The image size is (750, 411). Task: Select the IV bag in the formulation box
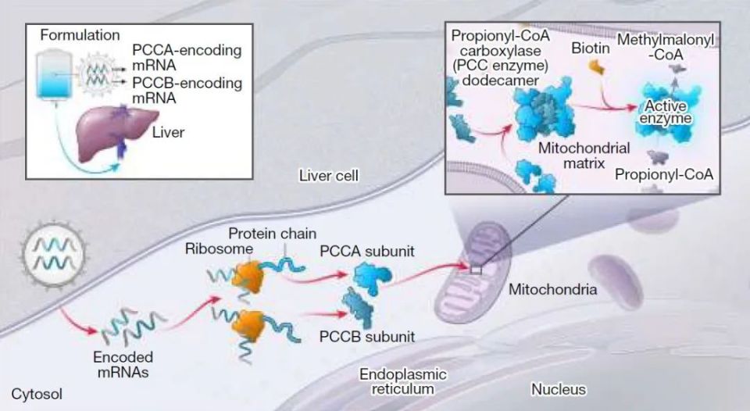click(x=55, y=78)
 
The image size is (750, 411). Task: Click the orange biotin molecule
click(x=597, y=69)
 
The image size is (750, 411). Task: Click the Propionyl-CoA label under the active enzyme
click(x=664, y=173)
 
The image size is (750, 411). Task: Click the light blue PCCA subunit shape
click(x=367, y=278)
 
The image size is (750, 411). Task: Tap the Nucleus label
click(x=559, y=388)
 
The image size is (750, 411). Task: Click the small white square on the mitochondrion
click(x=476, y=270)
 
